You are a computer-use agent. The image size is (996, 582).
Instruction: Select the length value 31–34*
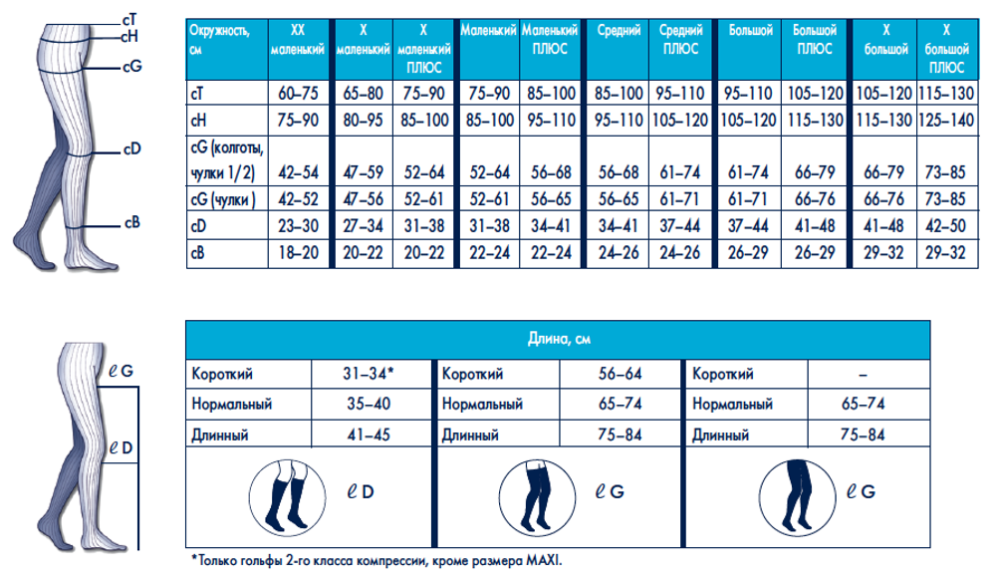369,374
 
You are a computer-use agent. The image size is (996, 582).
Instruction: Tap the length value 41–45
369,436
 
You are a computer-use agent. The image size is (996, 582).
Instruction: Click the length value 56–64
619,374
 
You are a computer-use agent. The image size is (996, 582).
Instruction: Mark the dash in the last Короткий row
863,374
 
